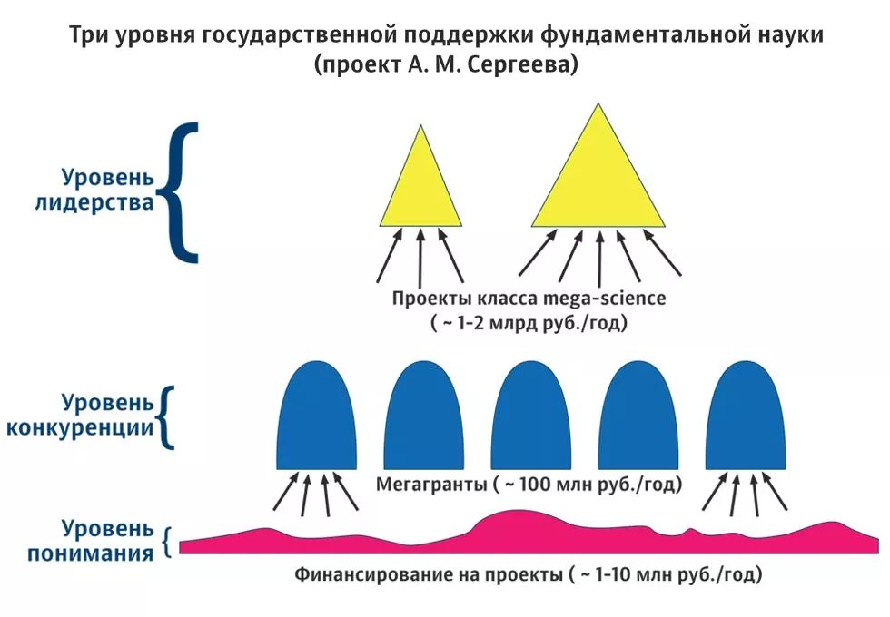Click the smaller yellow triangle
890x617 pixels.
(420, 187)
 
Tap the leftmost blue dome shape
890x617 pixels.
(317, 416)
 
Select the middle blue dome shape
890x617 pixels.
(530, 416)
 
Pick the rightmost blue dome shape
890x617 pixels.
(746, 416)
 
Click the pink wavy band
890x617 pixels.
(529, 536)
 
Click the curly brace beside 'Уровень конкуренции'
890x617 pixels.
(166, 417)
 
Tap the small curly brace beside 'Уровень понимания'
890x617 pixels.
(166, 543)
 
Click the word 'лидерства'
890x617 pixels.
(94, 202)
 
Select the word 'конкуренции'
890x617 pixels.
(80, 427)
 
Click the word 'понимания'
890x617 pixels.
(91, 553)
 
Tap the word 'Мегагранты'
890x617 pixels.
(431, 485)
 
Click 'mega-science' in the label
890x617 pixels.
(605, 299)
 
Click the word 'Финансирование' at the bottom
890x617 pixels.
(373, 574)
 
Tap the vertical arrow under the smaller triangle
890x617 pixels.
(420, 258)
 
